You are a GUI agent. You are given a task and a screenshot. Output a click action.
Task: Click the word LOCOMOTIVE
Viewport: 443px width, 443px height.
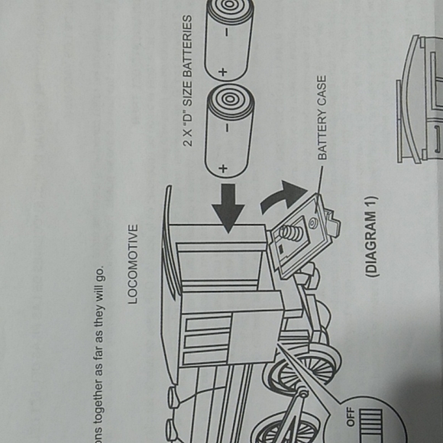133,264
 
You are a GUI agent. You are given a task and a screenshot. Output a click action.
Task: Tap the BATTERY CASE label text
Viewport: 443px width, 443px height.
322,118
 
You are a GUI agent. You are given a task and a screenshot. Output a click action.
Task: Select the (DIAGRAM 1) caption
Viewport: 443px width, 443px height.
371,236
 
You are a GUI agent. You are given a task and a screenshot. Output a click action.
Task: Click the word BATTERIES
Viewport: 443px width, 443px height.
187,46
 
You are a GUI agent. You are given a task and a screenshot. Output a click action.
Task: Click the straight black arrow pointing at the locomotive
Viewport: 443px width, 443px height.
228,209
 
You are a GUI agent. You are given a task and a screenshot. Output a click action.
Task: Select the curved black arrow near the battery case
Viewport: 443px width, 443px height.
283,196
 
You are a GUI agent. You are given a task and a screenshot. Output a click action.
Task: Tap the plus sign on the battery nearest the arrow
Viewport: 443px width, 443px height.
223,169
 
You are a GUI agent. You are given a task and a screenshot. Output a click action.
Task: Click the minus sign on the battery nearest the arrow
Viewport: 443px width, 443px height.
227,128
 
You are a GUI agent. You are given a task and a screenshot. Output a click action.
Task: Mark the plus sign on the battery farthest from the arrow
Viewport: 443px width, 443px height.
222,72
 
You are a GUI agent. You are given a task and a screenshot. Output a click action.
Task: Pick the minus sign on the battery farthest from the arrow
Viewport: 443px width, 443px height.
226,33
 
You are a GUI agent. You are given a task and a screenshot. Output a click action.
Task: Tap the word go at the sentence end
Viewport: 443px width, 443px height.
99,273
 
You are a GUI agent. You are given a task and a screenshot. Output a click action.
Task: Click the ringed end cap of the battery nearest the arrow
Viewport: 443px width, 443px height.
230,99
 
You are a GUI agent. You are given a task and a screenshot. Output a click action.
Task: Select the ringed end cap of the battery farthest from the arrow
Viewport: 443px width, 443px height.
230,6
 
